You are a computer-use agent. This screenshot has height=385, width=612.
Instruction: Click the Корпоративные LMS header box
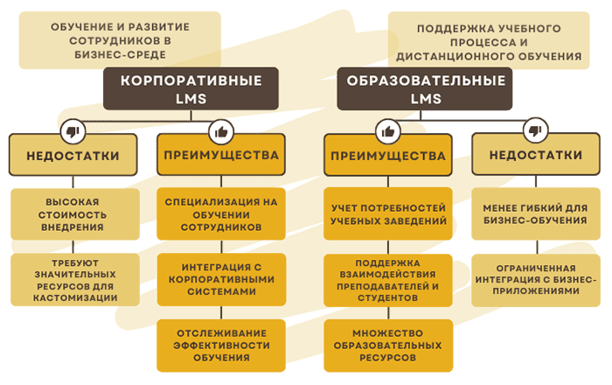coord(191,88)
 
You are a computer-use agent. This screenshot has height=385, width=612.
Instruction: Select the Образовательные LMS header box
coord(426,88)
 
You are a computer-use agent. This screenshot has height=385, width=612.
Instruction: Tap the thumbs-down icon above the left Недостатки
coord(73,132)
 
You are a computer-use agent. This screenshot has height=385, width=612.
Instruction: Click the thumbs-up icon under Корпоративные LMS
coord(220,132)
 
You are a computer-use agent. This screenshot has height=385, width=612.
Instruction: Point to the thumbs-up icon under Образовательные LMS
coord(387,132)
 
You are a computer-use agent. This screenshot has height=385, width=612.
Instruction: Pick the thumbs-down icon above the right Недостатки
coord(535,132)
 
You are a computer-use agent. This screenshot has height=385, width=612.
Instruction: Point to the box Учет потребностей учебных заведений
coord(389,213)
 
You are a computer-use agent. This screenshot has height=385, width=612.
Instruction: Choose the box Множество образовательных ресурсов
coord(389,345)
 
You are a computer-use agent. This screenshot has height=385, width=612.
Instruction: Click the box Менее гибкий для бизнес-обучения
coord(534,213)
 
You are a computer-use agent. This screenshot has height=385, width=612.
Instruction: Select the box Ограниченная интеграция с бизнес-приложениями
coord(534,278)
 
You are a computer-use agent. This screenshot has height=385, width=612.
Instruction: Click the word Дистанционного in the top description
coord(463,56)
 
